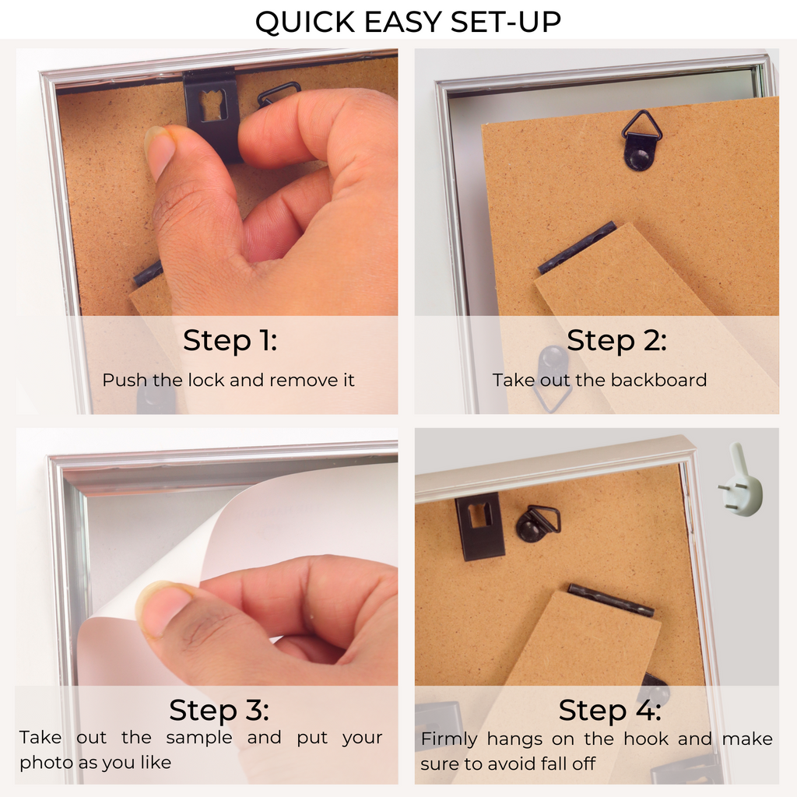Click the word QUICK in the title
(x=305, y=23)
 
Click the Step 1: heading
(x=230, y=340)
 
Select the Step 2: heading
(x=616, y=340)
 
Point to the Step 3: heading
(x=219, y=710)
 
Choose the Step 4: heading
(x=609, y=710)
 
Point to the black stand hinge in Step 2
(x=578, y=248)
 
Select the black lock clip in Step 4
(x=479, y=526)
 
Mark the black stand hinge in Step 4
(x=610, y=600)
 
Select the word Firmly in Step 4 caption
(x=449, y=739)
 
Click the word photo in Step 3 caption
(x=44, y=763)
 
